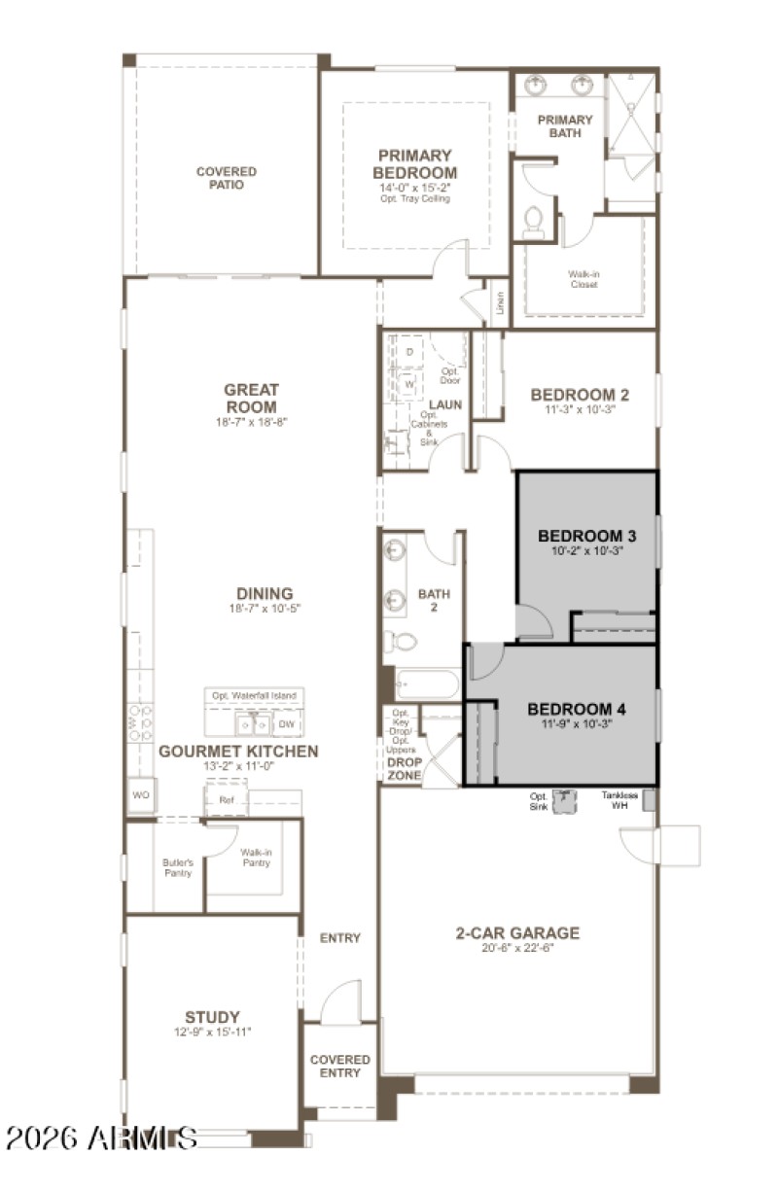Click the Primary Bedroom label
pos(415,163)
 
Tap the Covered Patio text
pos(226,178)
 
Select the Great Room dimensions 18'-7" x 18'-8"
pos(251,422)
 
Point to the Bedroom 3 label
pos(586,536)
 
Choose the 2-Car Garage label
pos(517,933)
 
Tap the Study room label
pos(212,1017)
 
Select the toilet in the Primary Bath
pos(532,223)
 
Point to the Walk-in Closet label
pos(583,279)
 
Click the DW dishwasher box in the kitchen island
pos(286,724)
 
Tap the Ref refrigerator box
pos(227,800)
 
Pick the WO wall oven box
pos(139,794)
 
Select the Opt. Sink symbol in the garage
pos(565,800)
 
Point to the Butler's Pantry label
pos(177,867)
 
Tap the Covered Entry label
pos(339,1066)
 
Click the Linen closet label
pos(500,302)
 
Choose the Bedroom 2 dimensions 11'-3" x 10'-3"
pos(580,409)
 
